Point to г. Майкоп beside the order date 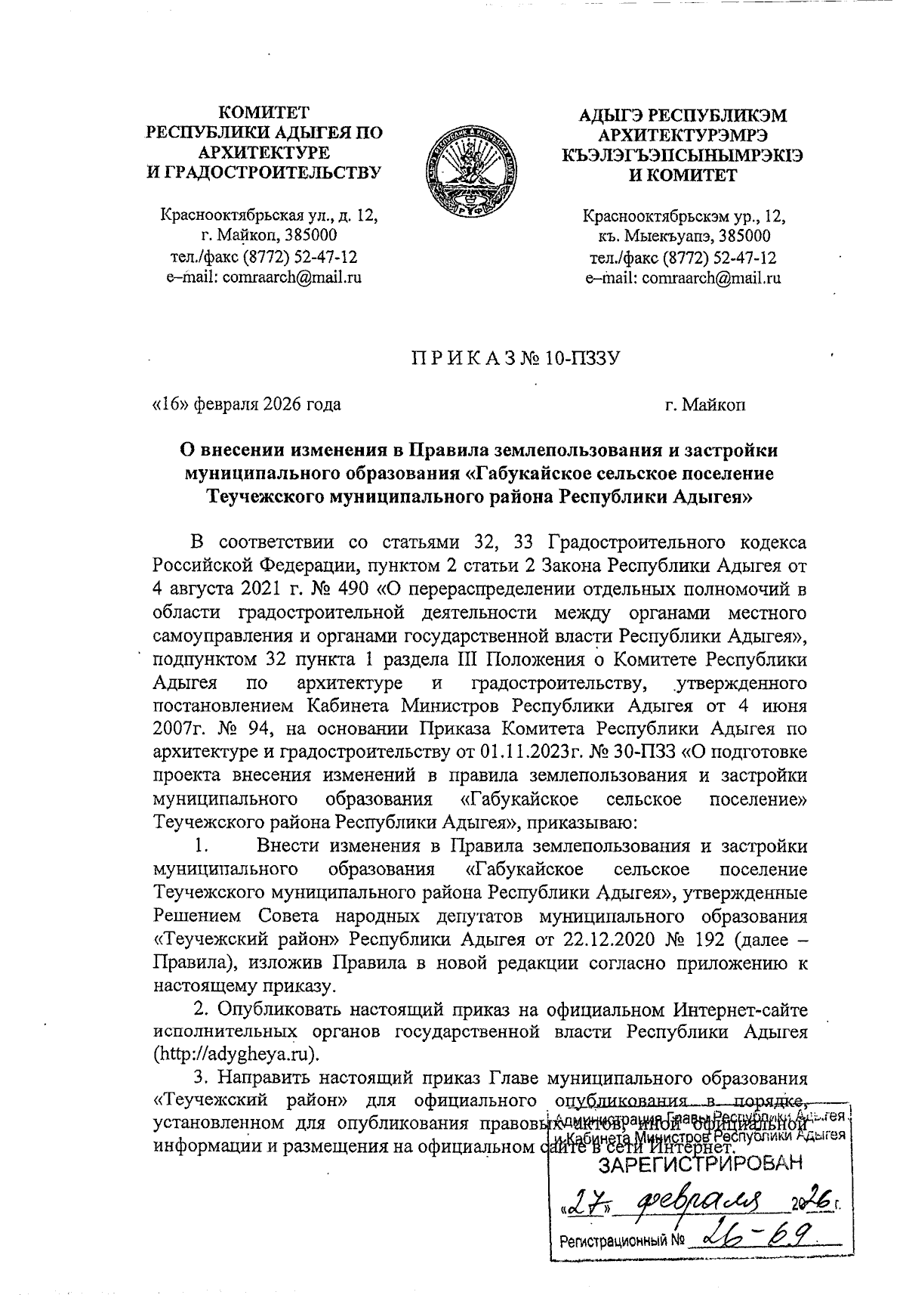[705, 405]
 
